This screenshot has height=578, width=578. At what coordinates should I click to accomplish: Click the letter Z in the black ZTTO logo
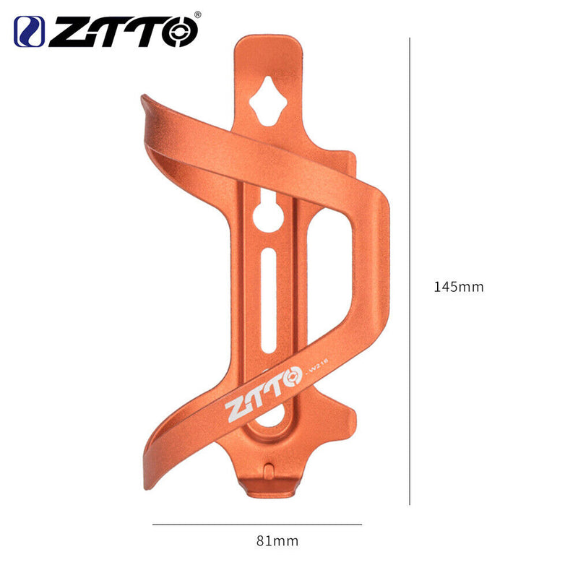tap(66, 33)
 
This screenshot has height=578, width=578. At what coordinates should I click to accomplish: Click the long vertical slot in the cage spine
tap(268, 300)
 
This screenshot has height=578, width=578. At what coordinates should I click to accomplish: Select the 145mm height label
tap(458, 287)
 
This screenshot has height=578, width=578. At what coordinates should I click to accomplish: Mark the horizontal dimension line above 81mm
tap(256, 525)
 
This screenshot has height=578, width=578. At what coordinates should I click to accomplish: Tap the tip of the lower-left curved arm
tap(149, 463)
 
